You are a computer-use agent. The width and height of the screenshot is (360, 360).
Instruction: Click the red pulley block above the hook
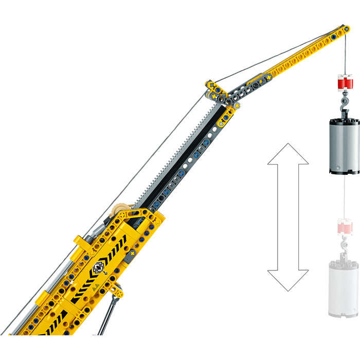[x=343, y=82]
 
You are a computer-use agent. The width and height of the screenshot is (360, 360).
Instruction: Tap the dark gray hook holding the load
[x=343, y=105]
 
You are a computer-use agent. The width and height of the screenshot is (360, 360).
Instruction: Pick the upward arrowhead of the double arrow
[x=288, y=154]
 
